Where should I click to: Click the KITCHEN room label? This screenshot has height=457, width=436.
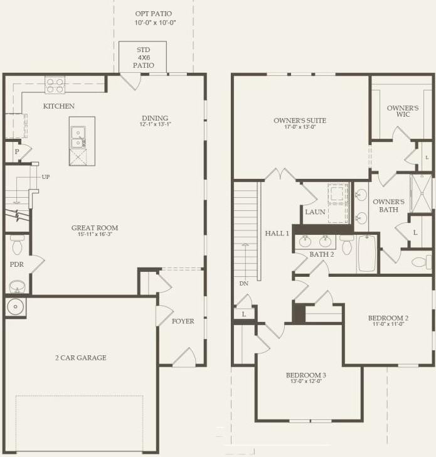click(58, 106)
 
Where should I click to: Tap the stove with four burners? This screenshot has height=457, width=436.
click(55, 85)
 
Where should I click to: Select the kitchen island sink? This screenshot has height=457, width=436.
click(78, 132)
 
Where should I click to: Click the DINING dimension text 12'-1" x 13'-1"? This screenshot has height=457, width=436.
click(155, 124)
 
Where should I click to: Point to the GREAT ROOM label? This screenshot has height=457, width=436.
click(95, 228)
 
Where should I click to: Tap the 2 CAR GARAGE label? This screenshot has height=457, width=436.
click(80, 358)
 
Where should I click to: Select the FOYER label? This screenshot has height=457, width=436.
click(183, 321)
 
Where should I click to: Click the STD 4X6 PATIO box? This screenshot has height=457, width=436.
click(143, 57)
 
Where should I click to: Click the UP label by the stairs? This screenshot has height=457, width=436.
click(46, 177)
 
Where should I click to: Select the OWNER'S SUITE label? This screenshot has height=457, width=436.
click(300, 121)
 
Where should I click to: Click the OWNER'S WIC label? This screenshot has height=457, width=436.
click(402, 112)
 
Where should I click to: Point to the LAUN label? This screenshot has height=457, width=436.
click(315, 212)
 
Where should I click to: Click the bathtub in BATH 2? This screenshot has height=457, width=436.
click(367, 254)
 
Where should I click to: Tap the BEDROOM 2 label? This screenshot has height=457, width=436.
click(388, 318)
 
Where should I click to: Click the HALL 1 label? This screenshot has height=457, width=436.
click(277, 233)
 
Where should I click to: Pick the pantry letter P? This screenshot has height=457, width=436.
click(16, 153)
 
